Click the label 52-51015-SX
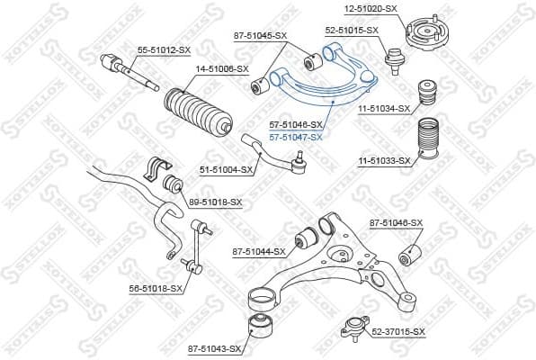point(352,30)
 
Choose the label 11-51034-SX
point(384,109)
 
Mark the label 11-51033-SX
point(384,161)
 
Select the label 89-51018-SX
point(216,202)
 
